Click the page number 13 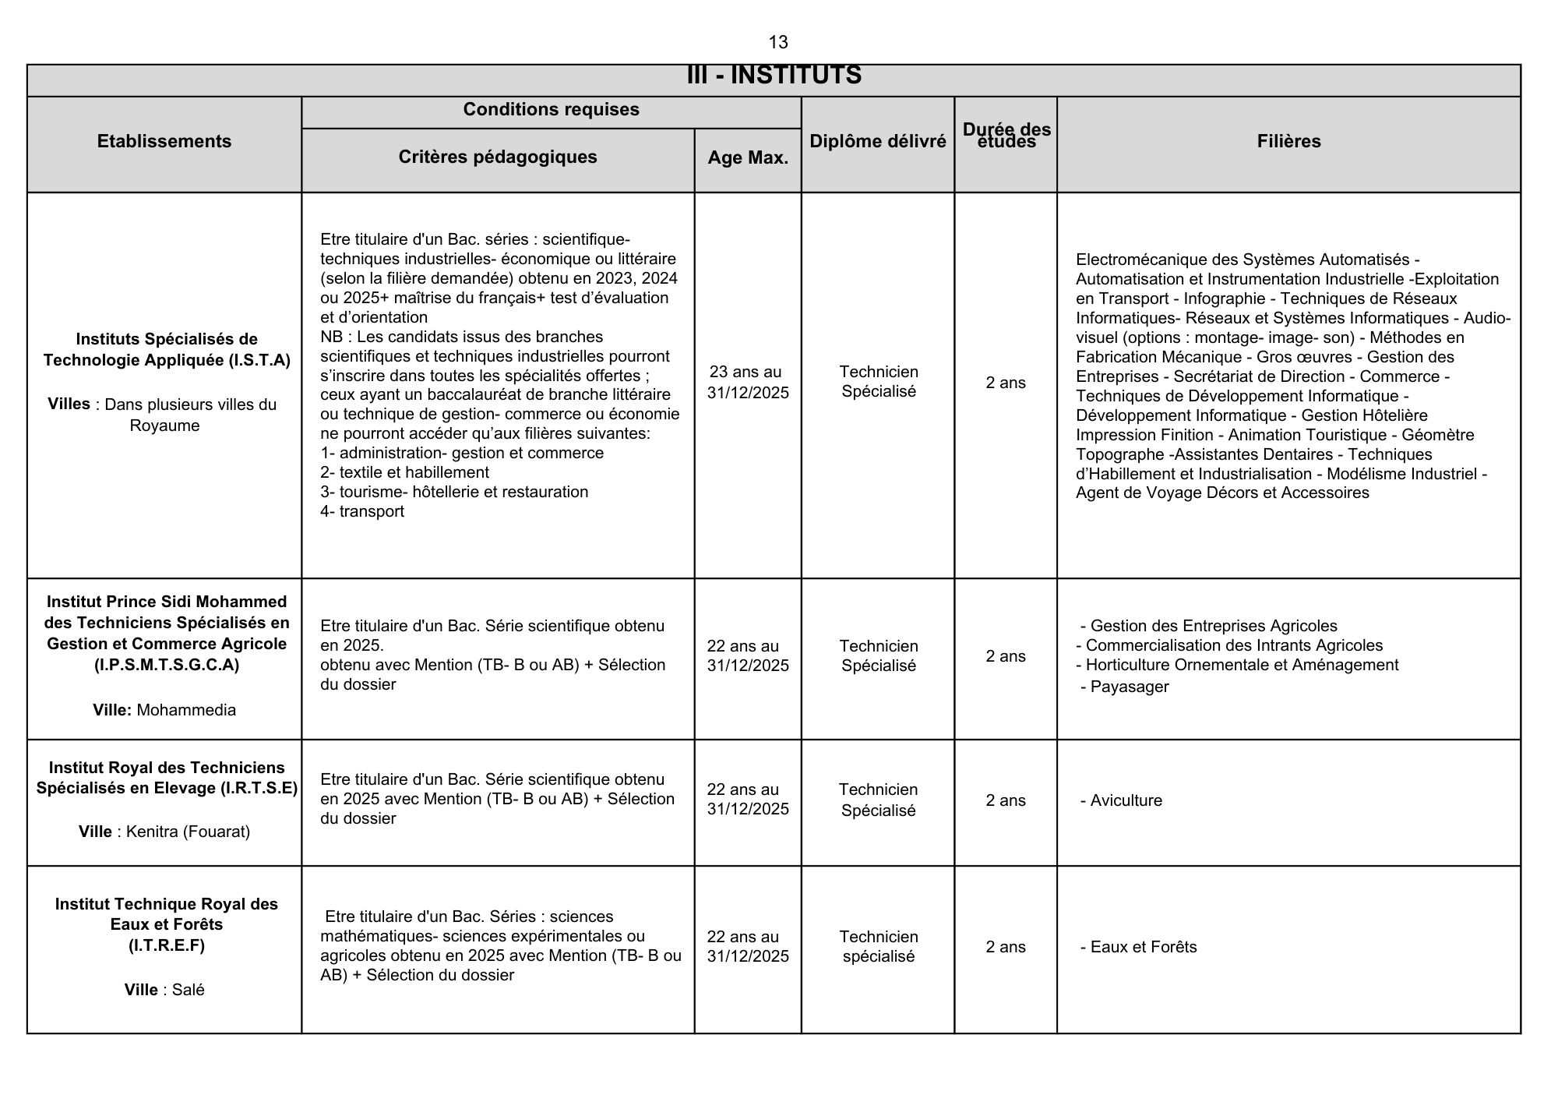pos(777,42)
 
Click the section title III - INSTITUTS pos(774,76)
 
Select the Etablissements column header pos(164,141)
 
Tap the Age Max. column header pos(748,157)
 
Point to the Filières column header pos(1288,141)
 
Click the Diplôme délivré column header pos(878,141)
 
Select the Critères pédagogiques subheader pos(498,157)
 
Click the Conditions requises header pos(551,109)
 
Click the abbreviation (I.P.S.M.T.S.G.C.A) pos(166,665)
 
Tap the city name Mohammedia pos(186,710)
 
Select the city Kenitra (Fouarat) pos(188,832)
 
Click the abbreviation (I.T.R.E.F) pos(166,945)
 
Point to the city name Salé pos(188,990)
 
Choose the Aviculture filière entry pos(1126,800)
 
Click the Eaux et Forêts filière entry pos(1143,947)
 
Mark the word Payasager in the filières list pos(1129,687)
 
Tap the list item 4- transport pos(362,511)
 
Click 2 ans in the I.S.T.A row pos(1006,383)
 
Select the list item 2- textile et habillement pos(404,472)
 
